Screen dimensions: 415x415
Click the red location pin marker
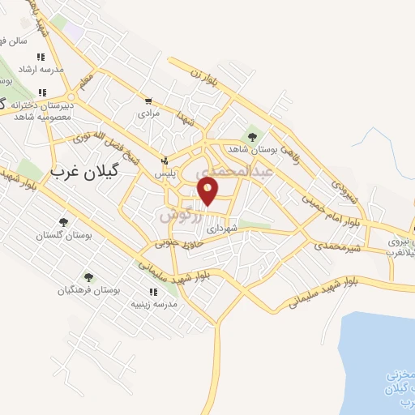pyautogui.click(x=208, y=191)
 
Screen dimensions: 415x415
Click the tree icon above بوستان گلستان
pyautogui.click(x=63, y=221)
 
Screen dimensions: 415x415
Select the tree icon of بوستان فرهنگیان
pyautogui.click(x=88, y=277)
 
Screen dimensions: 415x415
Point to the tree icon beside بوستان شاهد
pyautogui.click(x=252, y=135)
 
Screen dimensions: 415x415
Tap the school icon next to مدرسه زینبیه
pyautogui.click(x=152, y=292)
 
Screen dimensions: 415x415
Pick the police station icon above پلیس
pyautogui.click(x=165, y=160)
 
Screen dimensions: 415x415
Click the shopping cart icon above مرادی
pyautogui.click(x=148, y=101)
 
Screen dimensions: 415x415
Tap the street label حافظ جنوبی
pyautogui.click(x=176, y=240)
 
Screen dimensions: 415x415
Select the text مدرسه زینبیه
pyautogui.click(x=154, y=304)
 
